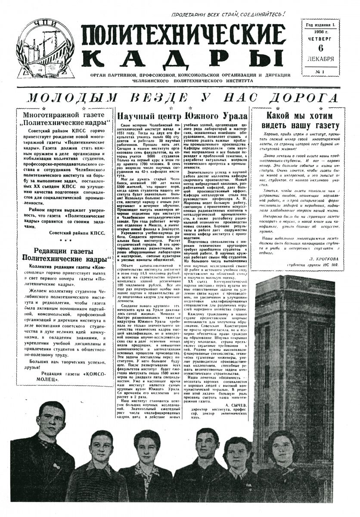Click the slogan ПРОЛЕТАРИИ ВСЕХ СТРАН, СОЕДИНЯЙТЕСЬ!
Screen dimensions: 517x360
coord(228,14)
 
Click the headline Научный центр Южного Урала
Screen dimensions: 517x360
coord(183,116)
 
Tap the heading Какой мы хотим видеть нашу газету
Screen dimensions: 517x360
coord(301,121)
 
